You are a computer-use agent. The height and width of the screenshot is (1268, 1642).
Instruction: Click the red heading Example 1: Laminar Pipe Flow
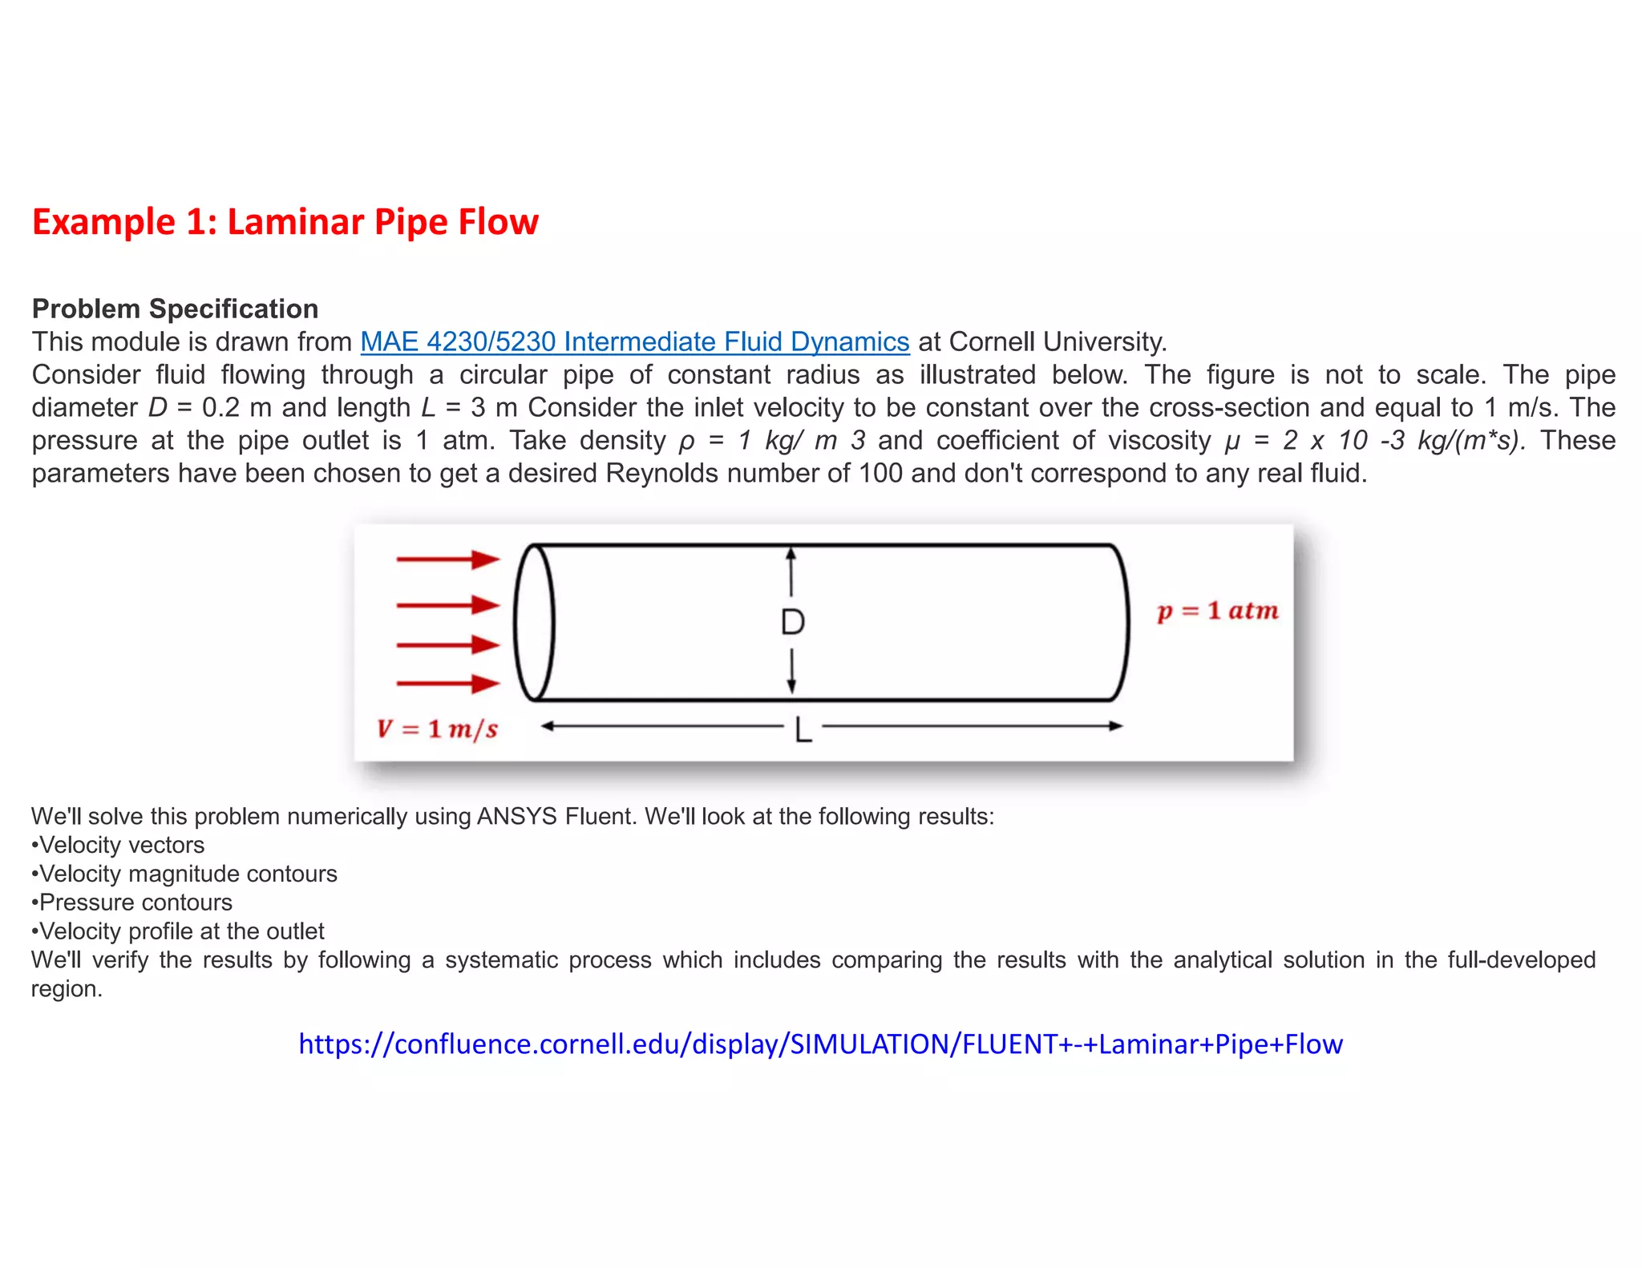pyautogui.click(x=285, y=222)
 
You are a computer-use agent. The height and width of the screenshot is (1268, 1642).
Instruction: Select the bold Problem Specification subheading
pyautogui.click(x=175, y=309)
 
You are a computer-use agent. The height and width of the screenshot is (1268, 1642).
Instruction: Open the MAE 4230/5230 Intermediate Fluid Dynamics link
pyautogui.click(x=634, y=342)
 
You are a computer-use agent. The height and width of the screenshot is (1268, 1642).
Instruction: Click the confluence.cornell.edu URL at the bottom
pyautogui.click(x=820, y=1044)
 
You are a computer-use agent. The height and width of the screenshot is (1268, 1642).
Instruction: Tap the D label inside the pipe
pyautogui.click(x=792, y=623)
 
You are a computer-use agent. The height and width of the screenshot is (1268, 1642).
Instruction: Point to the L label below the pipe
pyautogui.click(x=803, y=730)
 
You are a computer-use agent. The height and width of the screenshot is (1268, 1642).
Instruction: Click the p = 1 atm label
pyautogui.click(x=1217, y=612)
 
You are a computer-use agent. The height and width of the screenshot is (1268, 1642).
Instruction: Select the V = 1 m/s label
pyautogui.click(x=437, y=729)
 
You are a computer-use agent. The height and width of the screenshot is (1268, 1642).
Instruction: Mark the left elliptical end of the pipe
pyautogui.click(x=533, y=623)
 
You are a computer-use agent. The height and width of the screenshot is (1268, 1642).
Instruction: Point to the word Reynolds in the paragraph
pyautogui.click(x=662, y=474)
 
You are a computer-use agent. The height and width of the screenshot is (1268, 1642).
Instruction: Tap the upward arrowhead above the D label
pyautogui.click(x=791, y=553)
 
